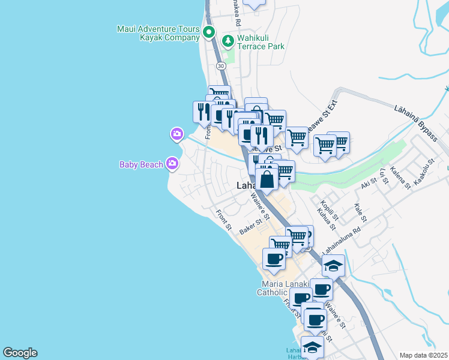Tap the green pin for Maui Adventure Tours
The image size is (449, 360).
[209, 32]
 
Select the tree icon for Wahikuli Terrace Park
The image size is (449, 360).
[228, 41]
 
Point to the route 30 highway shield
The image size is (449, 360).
[221, 65]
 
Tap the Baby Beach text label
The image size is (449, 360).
[141, 164]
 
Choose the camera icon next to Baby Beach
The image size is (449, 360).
[173, 163]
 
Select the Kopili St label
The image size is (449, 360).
[330, 209]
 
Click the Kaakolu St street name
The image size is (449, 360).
[419, 178]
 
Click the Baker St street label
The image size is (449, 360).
[252, 226]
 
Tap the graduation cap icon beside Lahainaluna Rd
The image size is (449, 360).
[333, 265]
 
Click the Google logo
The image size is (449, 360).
[20, 353]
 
